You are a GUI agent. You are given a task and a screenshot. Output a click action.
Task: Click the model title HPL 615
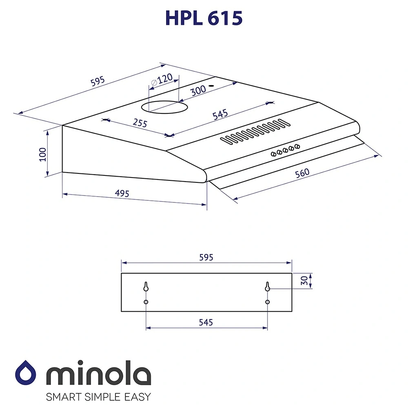204,18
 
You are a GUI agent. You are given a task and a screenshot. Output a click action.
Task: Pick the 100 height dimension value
43,154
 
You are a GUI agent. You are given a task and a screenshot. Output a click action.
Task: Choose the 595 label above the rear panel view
206,257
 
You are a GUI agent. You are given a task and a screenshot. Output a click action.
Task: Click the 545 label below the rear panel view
206,322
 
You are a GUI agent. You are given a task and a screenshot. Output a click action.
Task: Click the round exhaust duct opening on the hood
165,107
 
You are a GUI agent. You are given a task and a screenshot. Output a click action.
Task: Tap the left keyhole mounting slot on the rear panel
146,287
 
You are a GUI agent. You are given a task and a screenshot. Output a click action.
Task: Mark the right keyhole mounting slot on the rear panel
267,287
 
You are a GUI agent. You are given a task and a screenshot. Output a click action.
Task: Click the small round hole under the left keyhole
146,302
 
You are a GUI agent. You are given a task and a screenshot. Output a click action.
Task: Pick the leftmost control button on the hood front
273,154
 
